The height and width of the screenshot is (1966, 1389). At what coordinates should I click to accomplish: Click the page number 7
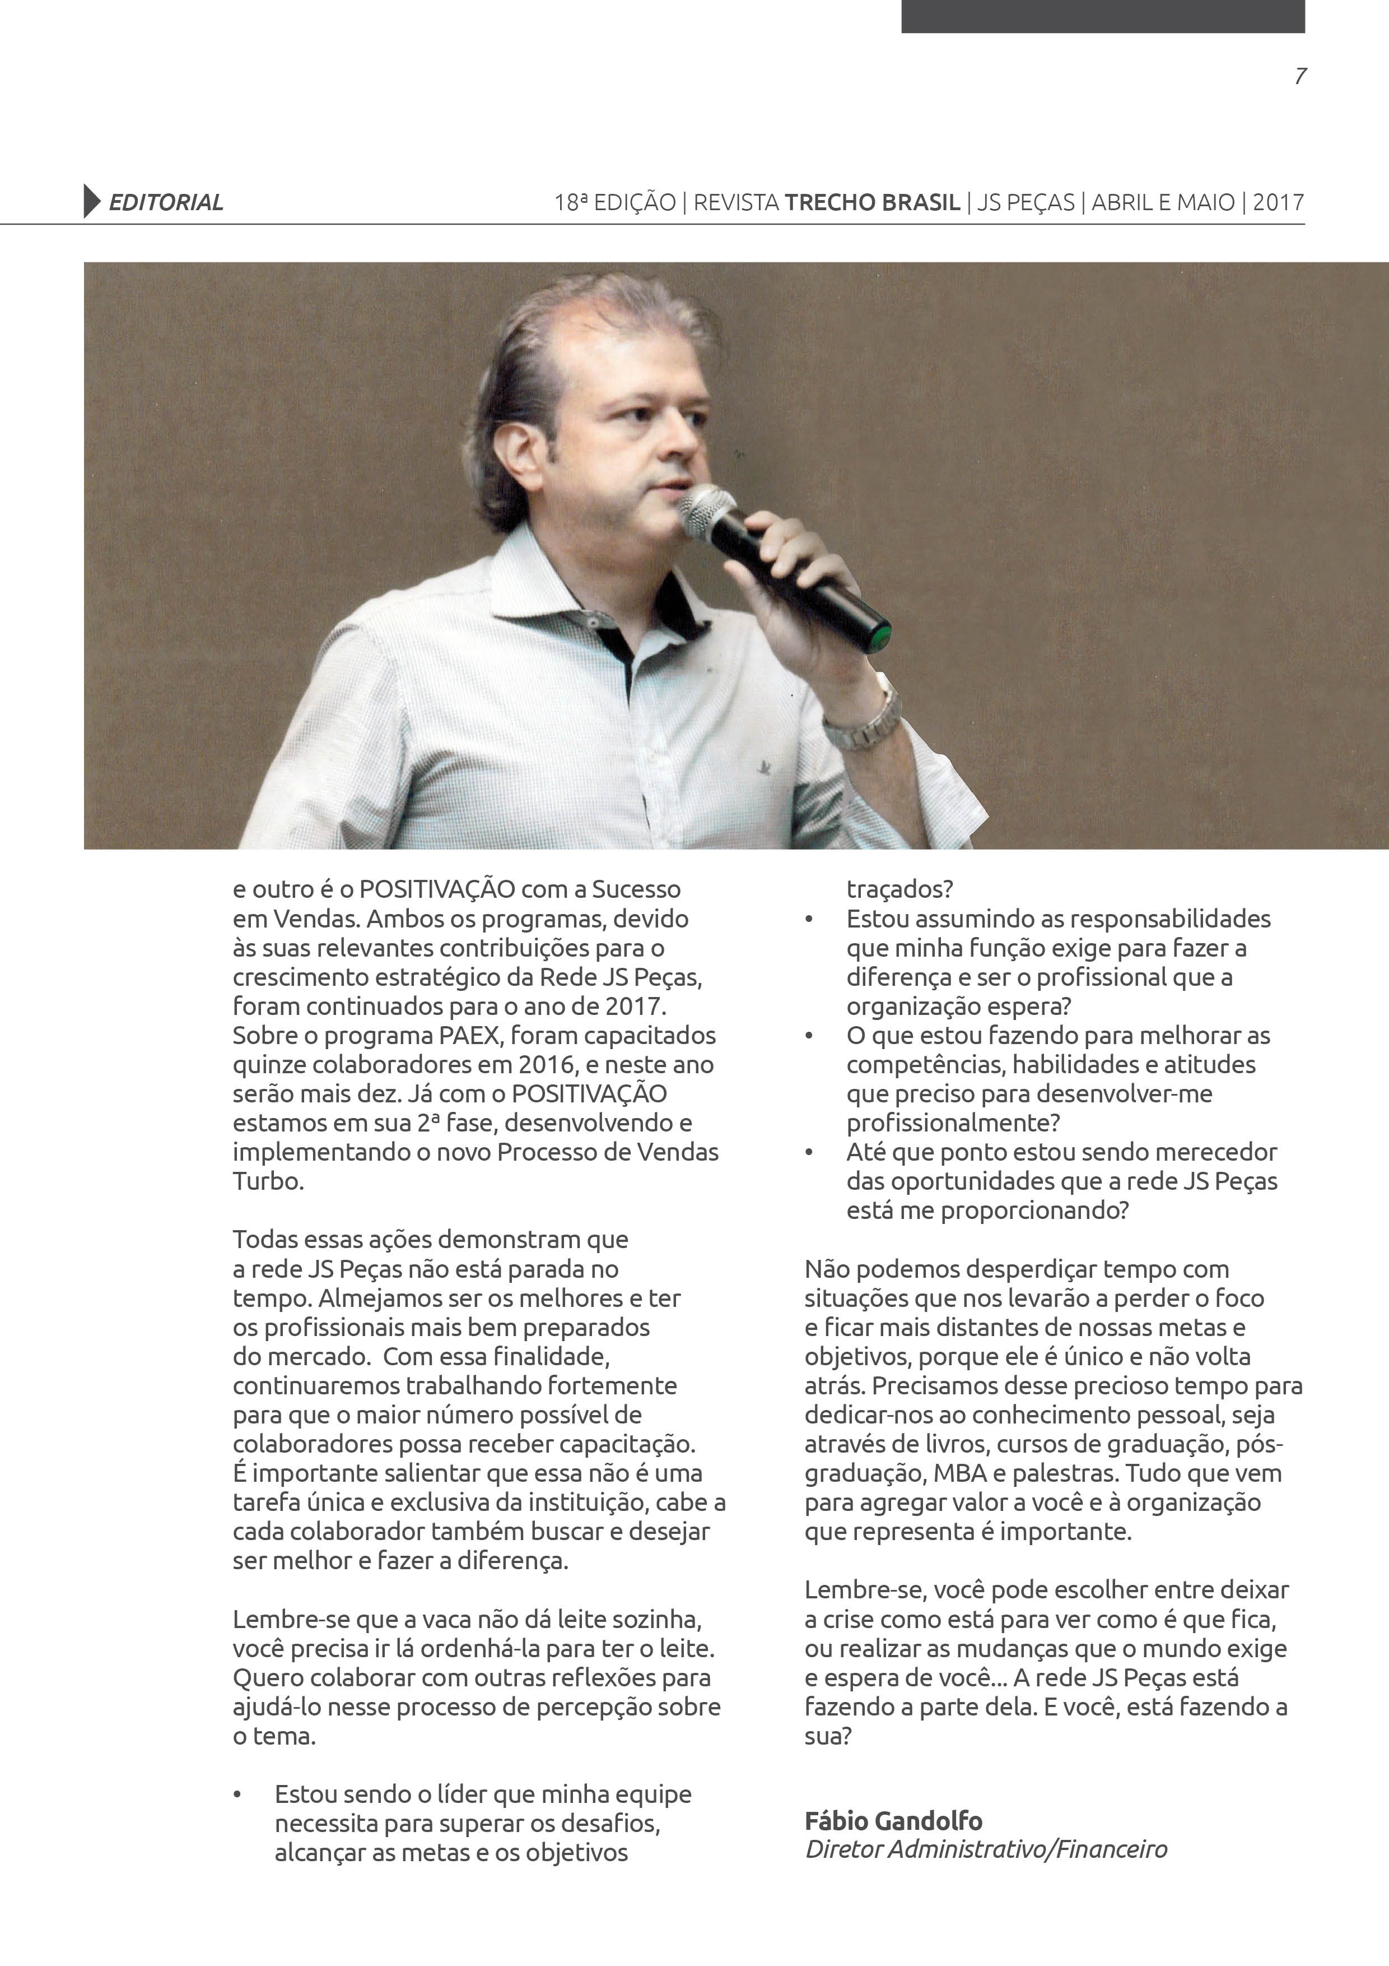coord(1300,76)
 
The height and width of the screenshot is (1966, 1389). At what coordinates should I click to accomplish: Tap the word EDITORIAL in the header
coord(165,203)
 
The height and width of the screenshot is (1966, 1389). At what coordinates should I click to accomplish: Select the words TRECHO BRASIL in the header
coord(872,203)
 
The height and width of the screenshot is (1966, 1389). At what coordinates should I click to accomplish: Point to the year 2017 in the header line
coord(1279,203)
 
